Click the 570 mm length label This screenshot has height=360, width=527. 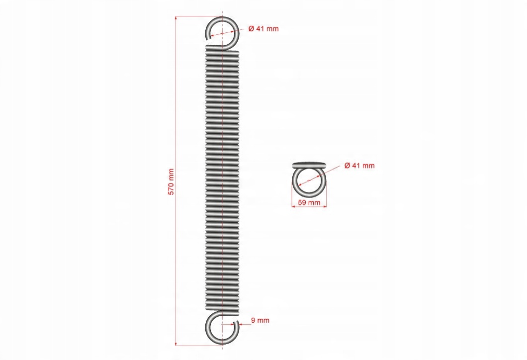(x=171, y=182)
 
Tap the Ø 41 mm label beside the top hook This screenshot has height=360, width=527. (x=263, y=28)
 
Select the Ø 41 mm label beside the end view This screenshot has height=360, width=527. (x=359, y=166)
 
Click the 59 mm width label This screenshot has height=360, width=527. (x=309, y=202)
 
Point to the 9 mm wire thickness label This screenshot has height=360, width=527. (x=260, y=320)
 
